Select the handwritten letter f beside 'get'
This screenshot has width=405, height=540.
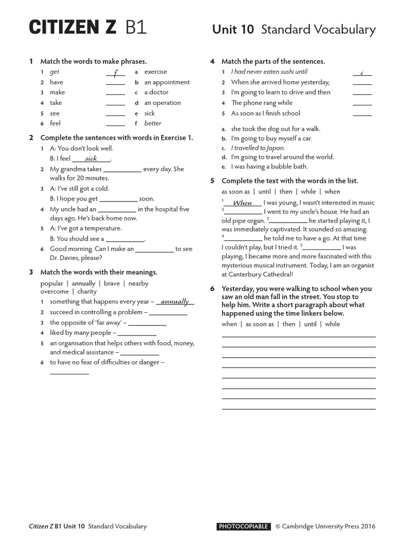click(115, 72)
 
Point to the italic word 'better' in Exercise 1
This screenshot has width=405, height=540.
click(153, 123)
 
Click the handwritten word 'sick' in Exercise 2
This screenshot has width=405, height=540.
click(91, 158)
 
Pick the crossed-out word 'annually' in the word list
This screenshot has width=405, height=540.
click(83, 283)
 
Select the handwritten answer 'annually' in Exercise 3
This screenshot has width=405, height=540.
click(175, 302)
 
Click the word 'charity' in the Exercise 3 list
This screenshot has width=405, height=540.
click(87, 292)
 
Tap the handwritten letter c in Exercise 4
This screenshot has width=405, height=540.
click(362, 72)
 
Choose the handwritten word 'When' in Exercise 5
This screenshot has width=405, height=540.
click(243, 203)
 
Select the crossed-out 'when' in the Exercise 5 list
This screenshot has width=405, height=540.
click(332, 191)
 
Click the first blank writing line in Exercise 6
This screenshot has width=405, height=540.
click(298, 336)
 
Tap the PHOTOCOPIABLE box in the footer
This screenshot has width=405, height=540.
click(244, 526)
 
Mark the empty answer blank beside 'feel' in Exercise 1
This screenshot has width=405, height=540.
click(115, 124)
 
